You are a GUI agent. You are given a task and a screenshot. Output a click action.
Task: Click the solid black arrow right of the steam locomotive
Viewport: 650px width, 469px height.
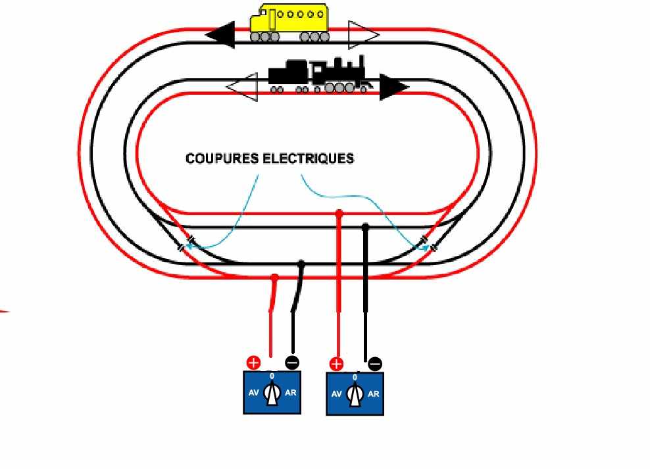(x=393, y=87)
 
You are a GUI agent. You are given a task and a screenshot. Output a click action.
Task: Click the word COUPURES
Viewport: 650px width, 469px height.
(x=222, y=159)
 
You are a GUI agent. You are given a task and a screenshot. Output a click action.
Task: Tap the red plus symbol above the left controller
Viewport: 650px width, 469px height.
(x=253, y=362)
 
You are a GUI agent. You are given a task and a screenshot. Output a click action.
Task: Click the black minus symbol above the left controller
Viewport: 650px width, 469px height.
(x=292, y=362)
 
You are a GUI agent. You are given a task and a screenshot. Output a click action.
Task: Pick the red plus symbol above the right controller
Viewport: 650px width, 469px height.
(x=336, y=364)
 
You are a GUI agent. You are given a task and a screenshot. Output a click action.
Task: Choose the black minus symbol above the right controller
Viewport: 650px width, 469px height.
(x=374, y=364)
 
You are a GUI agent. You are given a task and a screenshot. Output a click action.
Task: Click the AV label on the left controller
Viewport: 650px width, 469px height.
(x=253, y=393)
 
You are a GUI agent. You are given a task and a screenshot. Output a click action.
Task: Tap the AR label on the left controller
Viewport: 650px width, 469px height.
(x=290, y=393)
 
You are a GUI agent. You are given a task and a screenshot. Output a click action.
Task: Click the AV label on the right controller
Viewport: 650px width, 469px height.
(x=336, y=395)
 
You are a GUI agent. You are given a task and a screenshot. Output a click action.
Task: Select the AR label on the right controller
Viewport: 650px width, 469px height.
(x=373, y=395)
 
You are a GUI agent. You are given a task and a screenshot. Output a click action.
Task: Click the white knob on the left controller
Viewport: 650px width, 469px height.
(x=272, y=395)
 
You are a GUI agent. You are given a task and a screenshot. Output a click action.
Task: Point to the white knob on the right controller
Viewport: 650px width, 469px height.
(x=355, y=395)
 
